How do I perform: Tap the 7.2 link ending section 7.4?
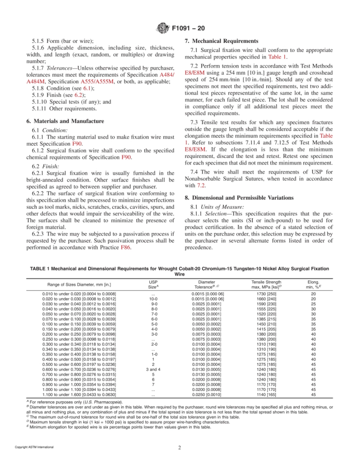click(x=201, y=186)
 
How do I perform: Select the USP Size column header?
click(x=153, y=285)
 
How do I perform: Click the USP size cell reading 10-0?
click(x=153, y=299)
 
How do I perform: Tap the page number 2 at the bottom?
click(x=180, y=447)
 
